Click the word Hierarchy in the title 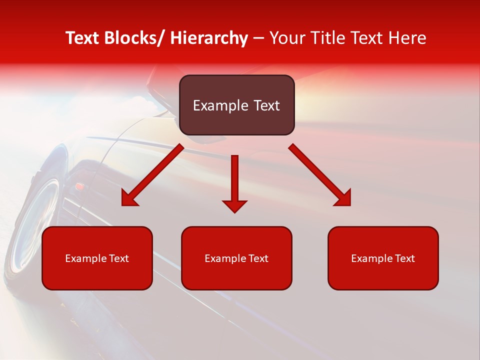(208, 38)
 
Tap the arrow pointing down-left (152, 175)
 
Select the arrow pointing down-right (320, 175)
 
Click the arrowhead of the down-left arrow (129, 199)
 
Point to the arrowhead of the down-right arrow (343, 198)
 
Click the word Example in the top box (213, 105)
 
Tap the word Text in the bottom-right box (405, 258)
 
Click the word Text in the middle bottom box (258, 258)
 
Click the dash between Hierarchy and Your (258, 38)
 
